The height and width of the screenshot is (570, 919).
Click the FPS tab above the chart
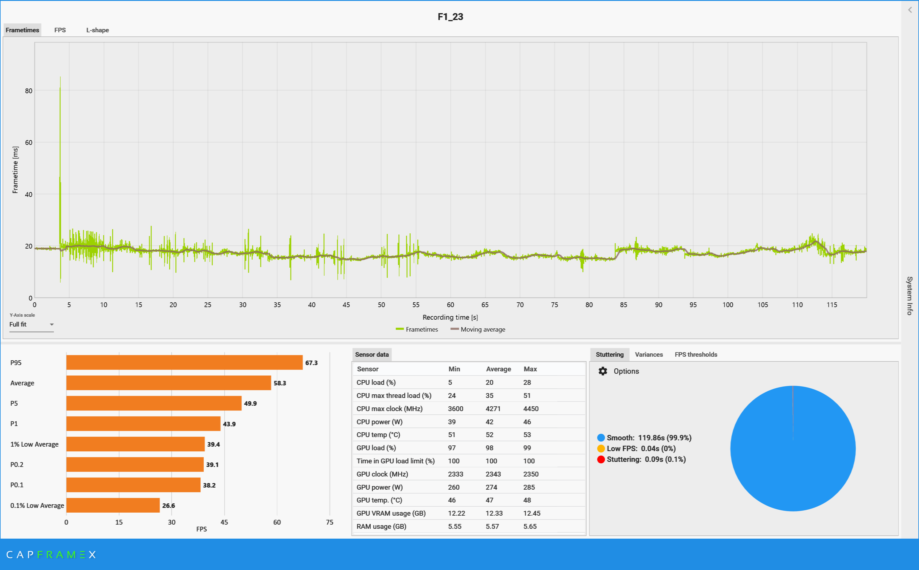click(x=60, y=30)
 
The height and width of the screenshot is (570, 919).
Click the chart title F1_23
click(x=450, y=17)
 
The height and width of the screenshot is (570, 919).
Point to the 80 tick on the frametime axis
click(x=29, y=91)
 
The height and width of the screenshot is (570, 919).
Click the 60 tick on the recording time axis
click(x=450, y=305)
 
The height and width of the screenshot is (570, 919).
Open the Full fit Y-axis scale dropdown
click(x=32, y=324)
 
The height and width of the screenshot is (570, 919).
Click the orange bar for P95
click(x=184, y=363)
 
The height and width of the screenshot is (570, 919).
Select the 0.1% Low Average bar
click(x=113, y=505)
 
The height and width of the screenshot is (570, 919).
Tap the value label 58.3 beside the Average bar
click(x=280, y=383)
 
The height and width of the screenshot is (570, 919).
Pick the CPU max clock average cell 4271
click(x=493, y=409)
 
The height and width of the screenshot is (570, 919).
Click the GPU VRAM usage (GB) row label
click(x=391, y=514)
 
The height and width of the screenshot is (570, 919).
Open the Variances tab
click(x=648, y=355)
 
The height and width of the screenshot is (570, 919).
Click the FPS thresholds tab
click(x=696, y=355)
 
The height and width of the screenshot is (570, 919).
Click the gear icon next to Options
click(x=602, y=371)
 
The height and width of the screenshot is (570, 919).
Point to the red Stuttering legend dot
click(x=601, y=459)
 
